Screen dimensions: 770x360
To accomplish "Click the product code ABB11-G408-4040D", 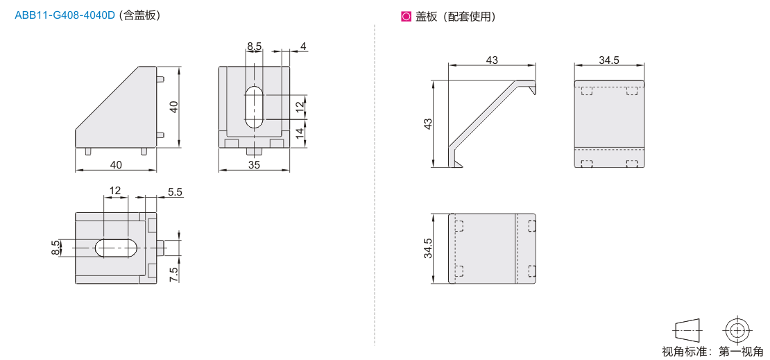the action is (x=65, y=15).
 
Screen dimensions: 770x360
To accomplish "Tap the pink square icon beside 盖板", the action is (x=406, y=17).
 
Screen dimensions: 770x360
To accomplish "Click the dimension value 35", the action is (x=253, y=165).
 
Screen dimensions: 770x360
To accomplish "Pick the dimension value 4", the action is (x=303, y=46).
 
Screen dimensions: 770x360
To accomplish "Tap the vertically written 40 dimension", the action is (x=173, y=107).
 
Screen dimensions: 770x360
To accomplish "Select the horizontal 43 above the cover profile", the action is (x=492, y=60).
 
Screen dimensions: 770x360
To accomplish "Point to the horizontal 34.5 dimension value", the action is (x=609, y=60).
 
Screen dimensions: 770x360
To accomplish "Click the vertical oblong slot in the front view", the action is (x=254, y=107).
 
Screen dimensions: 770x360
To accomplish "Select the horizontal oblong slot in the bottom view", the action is (x=116, y=248).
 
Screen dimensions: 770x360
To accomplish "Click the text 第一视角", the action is (x=741, y=352).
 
